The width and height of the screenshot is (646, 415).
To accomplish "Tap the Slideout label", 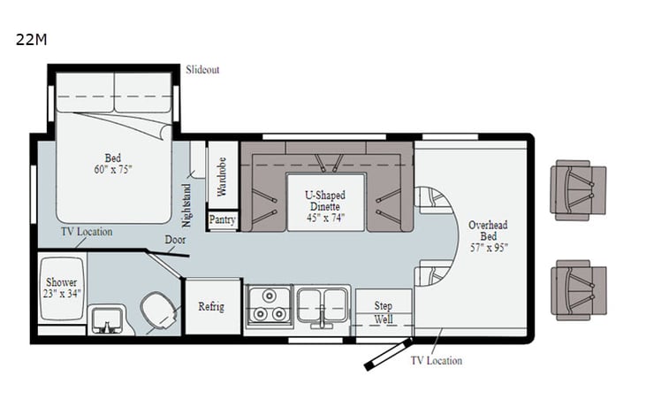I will pyautogui.click(x=202, y=70).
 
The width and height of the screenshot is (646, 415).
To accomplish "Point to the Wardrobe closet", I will pyautogui.click(x=222, y=174).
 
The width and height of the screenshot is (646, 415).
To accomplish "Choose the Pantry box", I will pyautogui.click(x=222, y=220).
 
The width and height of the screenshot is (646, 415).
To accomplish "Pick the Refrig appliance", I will pyautogui.click(x=211, y=307).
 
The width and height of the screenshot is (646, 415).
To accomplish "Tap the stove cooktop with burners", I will pyautogui.click(x=269, y=306).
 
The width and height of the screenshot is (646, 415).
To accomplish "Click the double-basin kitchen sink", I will pyautogui.click(x=323, y=305).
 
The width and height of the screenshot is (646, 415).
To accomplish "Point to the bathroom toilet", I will pyautogui.click(x=160, y=311).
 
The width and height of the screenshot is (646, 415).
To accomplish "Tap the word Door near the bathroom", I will pyautogui.click(x=174, y=240).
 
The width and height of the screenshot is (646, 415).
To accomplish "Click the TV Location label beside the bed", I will pyautogui.click(x=86, y=232).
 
